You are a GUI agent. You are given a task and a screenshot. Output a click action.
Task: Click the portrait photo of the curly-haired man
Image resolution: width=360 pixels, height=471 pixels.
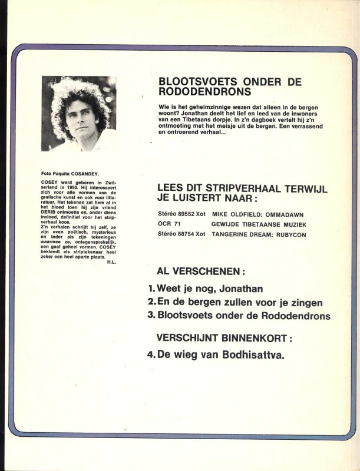(79, 114)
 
